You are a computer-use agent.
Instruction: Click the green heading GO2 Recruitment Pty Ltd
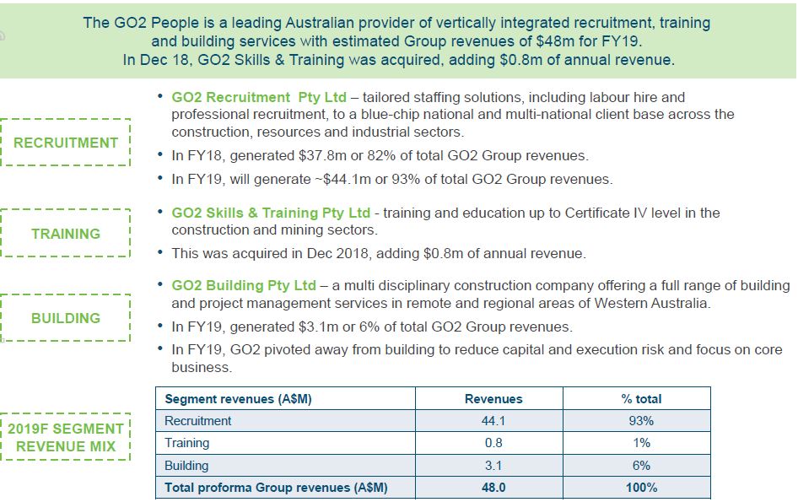259,97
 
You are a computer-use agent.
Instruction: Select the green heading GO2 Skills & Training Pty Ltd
271,213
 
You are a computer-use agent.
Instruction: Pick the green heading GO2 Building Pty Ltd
244,286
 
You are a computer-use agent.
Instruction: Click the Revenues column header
493,399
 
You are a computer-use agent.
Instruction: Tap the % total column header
641,399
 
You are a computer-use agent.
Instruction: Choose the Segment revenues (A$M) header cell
238,399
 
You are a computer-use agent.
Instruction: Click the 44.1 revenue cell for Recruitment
493,421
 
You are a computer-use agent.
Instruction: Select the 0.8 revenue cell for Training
493,443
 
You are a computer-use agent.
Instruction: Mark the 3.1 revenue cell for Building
493,466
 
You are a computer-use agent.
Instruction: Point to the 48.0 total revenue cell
493,488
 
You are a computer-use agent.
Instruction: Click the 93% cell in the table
641,421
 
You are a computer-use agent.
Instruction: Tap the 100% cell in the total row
641,488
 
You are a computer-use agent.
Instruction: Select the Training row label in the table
186,443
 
